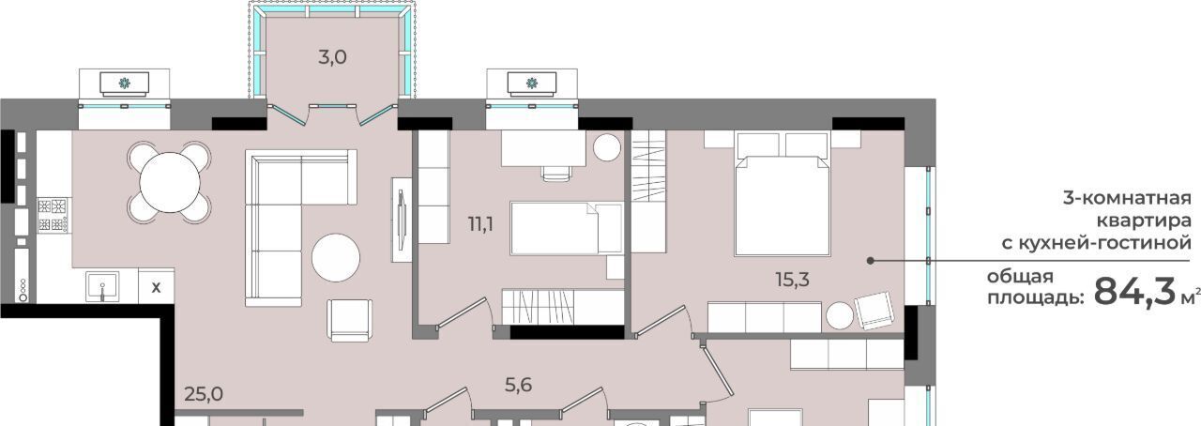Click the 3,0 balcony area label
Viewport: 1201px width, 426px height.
click(332, 57)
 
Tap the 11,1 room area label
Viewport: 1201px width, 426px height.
click(481, 224)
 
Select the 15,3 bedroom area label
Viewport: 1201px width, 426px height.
click(793, 280)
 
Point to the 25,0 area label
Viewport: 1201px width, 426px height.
click(204, 394)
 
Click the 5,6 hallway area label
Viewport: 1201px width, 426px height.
click(519, 385)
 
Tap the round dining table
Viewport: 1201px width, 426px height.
click(170, 182)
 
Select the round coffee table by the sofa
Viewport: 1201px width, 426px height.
click(336, 257)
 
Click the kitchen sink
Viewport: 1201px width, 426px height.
click(102, 286)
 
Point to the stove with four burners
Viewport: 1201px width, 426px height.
click(53, 215)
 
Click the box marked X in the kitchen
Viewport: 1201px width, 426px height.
click(156, 287)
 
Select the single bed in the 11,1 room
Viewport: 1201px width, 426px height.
click(567, 229)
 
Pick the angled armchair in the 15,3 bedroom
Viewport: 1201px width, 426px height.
click(874, 311)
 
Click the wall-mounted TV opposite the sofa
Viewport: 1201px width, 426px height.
click(402, 220)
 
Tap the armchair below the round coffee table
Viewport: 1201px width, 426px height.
click(350, 320)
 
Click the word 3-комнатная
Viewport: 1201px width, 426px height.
click(1127, 199)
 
